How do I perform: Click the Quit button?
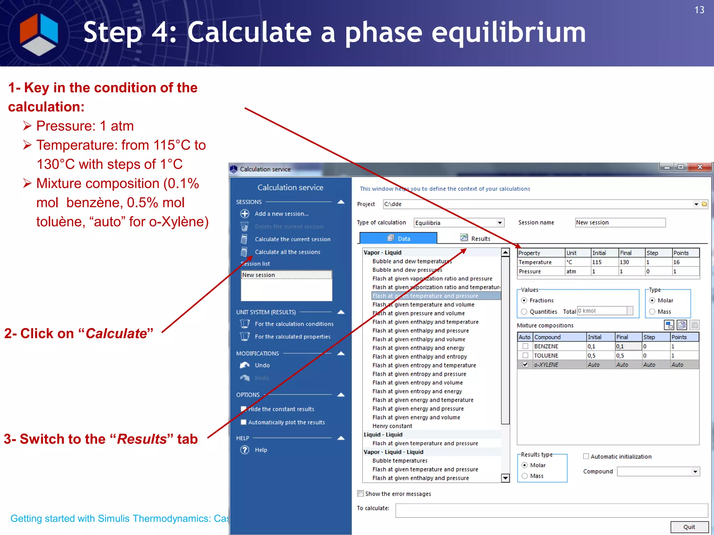tap(689, 527)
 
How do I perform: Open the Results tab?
tap(476, 238)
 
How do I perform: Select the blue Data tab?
tap(398, 238)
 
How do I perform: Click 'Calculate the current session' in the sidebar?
tap(292, 239)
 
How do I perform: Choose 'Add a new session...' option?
tap(281, 214)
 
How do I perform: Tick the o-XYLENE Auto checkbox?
tap(525, 365)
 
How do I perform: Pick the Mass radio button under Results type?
tap(525, 476)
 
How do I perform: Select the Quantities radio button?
tap(524, 312)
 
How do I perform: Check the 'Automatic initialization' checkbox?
tap(586, 457)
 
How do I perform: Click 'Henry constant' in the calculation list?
tap(392, 426)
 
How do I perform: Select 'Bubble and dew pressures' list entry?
tap(407, 270)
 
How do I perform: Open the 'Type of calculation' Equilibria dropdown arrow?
tap(500, 223)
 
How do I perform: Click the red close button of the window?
tap(699, 167)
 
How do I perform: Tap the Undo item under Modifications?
tap(262, 365)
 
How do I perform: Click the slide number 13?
tap(699, 10)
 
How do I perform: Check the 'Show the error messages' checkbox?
tap(360, 494)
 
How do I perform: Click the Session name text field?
tap(620, 223)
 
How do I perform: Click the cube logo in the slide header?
tap(39, 34)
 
